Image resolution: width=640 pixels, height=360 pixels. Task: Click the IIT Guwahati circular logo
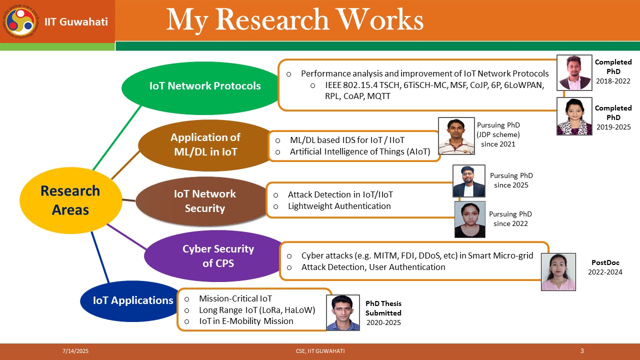coord(20,22)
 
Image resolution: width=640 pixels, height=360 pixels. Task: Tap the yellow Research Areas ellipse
coord(70,200)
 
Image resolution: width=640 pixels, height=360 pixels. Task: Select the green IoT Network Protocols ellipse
coord(203,87)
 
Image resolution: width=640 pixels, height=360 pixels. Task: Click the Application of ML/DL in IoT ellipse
coord(205,145)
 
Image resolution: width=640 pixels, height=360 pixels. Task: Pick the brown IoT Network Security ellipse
coord(203,201)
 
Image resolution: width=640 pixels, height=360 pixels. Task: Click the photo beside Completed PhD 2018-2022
coord(574,72)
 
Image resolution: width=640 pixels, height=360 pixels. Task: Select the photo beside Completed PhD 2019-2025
coord(574,116)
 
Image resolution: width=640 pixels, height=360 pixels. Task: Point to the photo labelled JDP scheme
coord(456,136)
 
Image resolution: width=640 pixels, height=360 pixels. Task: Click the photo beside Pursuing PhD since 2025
coord(469,181)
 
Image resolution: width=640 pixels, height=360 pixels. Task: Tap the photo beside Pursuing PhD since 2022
coord(469,219)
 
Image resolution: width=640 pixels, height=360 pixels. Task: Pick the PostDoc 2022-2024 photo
coord(558,271)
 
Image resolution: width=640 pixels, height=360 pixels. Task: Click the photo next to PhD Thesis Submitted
coord(343,312)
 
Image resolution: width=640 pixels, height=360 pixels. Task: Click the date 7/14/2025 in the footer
coord(75,351)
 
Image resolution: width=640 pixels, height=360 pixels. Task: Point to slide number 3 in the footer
coord(582,350)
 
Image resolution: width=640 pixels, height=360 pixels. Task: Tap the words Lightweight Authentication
coord(339,206)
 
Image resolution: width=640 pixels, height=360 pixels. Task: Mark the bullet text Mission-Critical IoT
coord(235,298)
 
